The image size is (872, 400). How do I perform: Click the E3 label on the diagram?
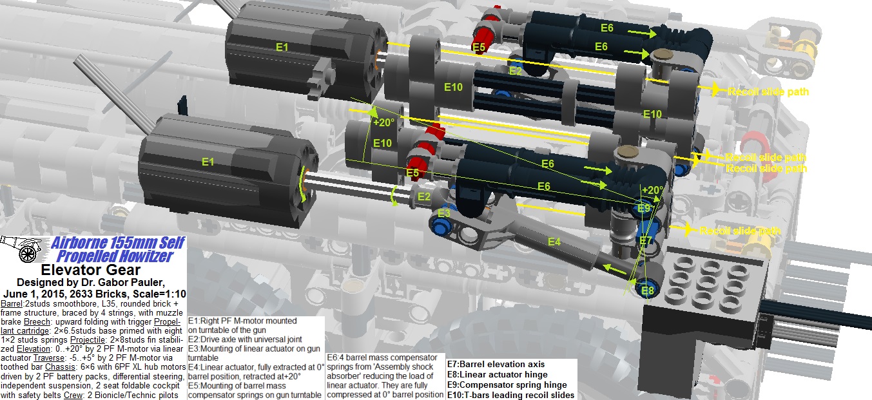pyautogui.click(x=444, y=213)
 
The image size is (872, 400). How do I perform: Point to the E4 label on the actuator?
pyautogui.click(x=554, y=242)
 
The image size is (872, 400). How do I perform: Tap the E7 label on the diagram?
pyautogui.click(x=646, y=241)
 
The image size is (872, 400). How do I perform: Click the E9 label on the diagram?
pyautogui.click(x=644, y=208)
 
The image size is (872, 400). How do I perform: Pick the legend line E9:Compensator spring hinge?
pyautogui.click(x=508, y=385)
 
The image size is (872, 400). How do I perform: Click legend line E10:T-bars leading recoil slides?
pyautogui.click(x=510, y=395)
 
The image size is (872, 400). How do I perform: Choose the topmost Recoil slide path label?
pyautogui.click(x=768, y=91)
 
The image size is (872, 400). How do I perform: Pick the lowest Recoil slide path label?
pyautogui.click(x=740, y=231)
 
